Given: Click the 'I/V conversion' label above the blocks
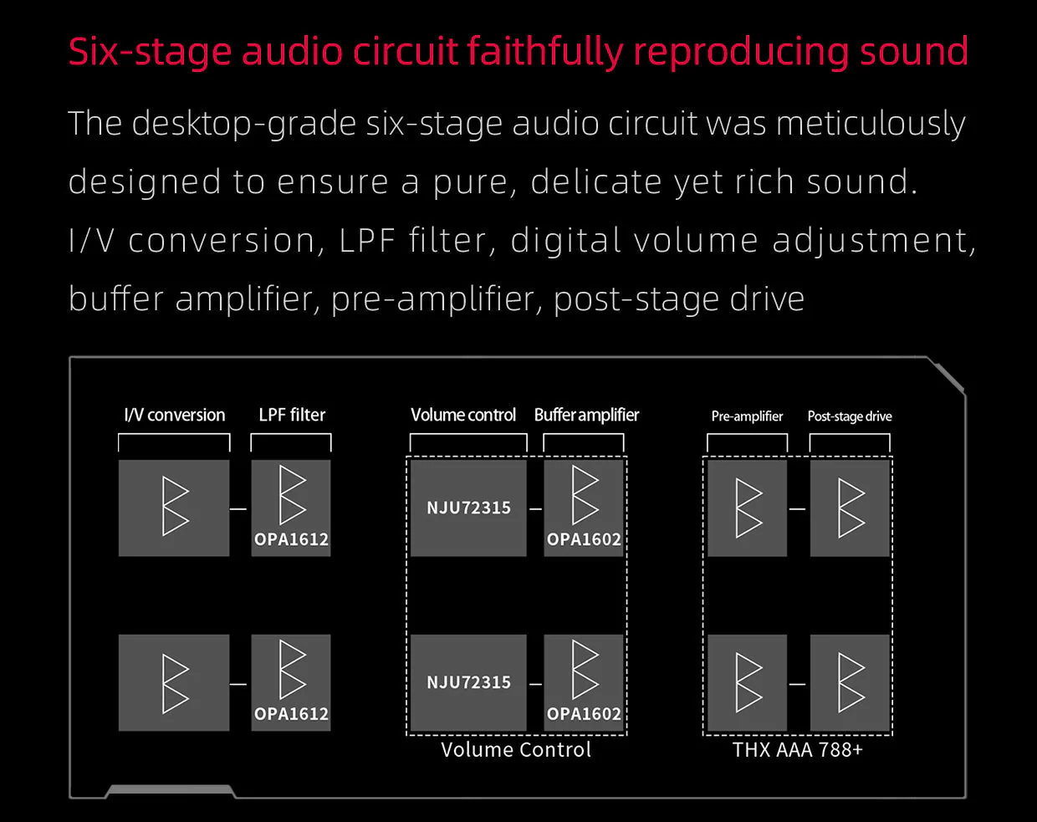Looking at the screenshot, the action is [175, 415].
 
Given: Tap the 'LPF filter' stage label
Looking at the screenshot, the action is [292, 415].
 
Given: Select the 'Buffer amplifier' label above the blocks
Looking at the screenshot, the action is [586, 415].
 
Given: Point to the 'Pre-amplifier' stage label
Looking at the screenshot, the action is [747, 416].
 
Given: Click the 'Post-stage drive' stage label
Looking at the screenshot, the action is [850, 416].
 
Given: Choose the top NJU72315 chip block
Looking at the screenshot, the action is [468, 508].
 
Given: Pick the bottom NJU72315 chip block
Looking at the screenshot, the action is [468, 682].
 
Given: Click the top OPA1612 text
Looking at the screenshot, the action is [292, 539].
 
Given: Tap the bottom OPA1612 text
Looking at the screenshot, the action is [292, 714].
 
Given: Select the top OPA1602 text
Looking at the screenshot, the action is [584, 539].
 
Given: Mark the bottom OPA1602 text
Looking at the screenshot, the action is [584, 714].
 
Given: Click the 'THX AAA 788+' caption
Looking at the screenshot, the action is [798, 750].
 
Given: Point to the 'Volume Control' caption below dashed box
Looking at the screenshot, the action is [516, 750].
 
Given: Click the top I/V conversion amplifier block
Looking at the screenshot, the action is [174, 508].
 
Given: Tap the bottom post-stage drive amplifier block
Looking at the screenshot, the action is [850, 682].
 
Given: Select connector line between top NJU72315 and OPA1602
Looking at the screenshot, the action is [535, 508].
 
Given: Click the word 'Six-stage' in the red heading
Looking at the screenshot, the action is [150, 52].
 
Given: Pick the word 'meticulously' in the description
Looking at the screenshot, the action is [871, 124].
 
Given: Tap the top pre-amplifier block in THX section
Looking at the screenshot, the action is [748, 508].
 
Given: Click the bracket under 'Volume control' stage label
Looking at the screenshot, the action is [468, 435].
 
